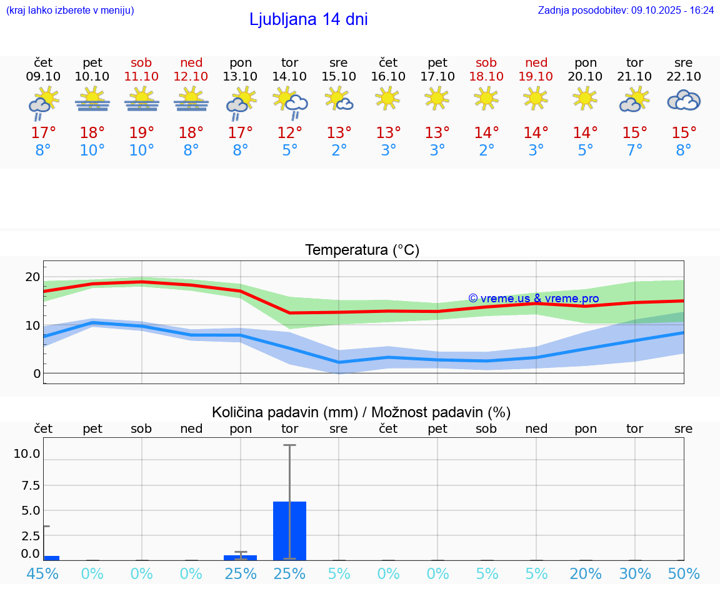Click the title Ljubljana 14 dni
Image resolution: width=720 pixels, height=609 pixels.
pyautogui.click(x=308, y=19)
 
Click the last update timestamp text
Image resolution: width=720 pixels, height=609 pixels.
pyautogui.click(x=626, y=11)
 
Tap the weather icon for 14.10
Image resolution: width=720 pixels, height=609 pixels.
pyautogui.click(x=290, y=102)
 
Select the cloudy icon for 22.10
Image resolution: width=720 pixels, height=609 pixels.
pyautogui.click(x=684, y=101)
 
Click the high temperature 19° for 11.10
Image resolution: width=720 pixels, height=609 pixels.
pyautogui.click(x=142, y=133)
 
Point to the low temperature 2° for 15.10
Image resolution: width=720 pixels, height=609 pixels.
pyautogui.click(x=339, y=151)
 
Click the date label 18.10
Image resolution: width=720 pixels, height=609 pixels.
pyautogui.click(x=486, y=77)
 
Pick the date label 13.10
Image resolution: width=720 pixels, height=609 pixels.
pyautogui.click(x=241, y=77)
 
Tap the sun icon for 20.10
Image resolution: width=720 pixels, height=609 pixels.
pyautogui.click(x=585, y=98)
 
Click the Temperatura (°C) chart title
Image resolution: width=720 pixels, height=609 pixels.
pyautogui.click(x=362, y=250)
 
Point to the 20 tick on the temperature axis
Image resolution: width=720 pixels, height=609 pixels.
pyautogui.click(x=32, y=277)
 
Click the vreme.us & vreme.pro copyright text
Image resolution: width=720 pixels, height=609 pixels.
pyautogui.click(x=533, y=299)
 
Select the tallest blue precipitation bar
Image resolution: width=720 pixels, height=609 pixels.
pyautogui.click(x=289, y=530)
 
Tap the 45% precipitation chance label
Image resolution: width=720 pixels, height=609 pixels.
pyautogui.click(x=43, y=574)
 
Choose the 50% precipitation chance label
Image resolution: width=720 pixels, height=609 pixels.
pyautogui.click(x=684, y=574)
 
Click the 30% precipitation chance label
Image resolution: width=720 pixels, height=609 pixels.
pyautogui.click(x=635, y=574)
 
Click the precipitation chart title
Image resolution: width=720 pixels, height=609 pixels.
pyautogui.click(x=361, y=412)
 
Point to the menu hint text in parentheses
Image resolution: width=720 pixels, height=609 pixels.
pyautogui.click(x=70, y=11)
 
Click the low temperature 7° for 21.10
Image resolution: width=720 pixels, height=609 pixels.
pyautogui.click(x=635, y=151)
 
